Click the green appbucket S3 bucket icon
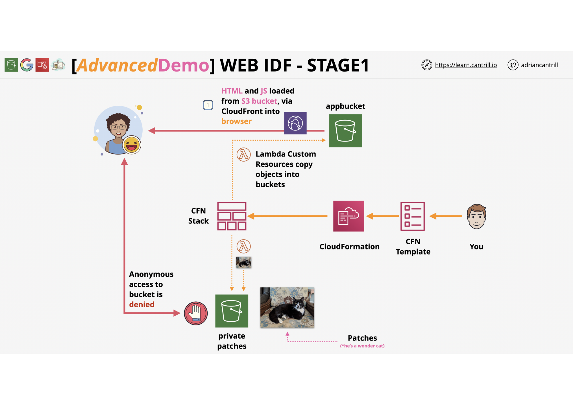point(346,131)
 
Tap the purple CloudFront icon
point(295,123)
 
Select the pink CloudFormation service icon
point(349,216)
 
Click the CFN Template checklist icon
point(413,216)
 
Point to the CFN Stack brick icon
point(232,216)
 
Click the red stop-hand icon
point(196,313)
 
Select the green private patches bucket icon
point(232,311)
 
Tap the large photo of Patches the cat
point(287,307)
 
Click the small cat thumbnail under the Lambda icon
point(244,262)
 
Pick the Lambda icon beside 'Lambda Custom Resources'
point(244,155)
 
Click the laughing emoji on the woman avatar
point(132,145)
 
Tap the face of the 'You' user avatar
point(476,217)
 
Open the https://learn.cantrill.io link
point(466,65)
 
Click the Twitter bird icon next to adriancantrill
point(513,65)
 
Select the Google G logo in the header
point(27,65)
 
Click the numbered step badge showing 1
point(208,105)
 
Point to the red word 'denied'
point(142,304)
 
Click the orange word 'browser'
point(236,121)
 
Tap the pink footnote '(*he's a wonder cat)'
point(362,346)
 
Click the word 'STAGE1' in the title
point(338,65)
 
